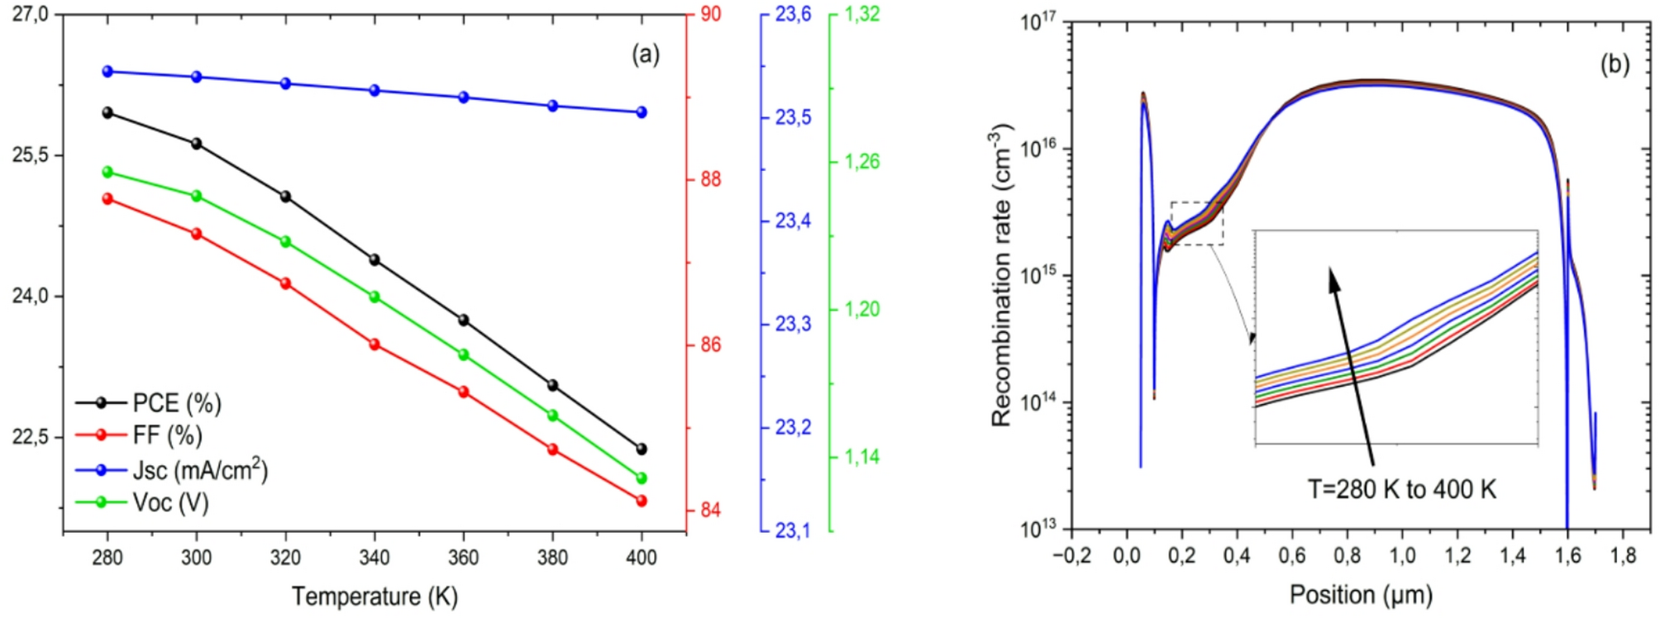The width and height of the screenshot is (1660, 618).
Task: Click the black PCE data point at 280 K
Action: [x=107, y=112]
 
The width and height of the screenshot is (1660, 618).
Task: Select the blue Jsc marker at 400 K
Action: [x=642, y=112]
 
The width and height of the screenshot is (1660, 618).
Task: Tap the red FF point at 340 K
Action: [x=374, y=345]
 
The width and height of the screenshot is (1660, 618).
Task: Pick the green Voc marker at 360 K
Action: [x=464, y=354]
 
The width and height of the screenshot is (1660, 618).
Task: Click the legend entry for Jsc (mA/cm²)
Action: [x=200, y=470]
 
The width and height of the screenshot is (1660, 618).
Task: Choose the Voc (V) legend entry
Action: [x=170, y=502]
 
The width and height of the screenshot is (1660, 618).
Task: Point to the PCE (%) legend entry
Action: [x=177, y=403]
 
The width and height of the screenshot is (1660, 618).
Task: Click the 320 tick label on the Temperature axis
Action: [x=285, y=558]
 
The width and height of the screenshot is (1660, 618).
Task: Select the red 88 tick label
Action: [x=711, y=179]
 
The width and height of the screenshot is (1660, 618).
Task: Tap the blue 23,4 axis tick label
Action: [x=793, y=221]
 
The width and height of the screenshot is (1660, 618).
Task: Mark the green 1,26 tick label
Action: [x=861, y=161]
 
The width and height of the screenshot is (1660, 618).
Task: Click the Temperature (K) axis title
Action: [x=374, y=596]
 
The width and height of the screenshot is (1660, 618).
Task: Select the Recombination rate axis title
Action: [x=1001, y=275]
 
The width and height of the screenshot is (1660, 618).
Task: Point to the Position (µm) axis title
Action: [x=1361, y=594]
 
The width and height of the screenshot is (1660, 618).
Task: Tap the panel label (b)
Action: [x=1615, y=64]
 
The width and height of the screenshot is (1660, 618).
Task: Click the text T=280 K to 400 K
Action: [x=1401, y=489]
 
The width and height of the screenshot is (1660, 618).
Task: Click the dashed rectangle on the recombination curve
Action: [x=1196, y=223]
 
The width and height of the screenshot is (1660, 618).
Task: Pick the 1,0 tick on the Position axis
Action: [x=1402, y=555]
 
